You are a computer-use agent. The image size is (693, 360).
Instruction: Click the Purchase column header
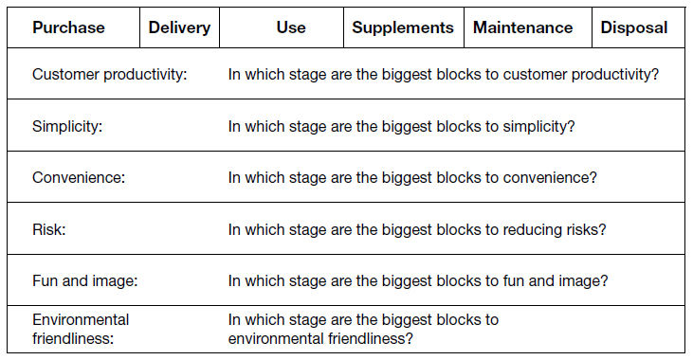coord(68,27)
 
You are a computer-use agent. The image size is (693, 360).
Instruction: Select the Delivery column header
coord(179,27)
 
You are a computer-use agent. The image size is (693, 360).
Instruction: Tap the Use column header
coord(291,27)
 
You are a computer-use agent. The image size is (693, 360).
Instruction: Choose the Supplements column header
coord(403,27)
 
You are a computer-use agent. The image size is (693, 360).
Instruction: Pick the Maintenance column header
coord(523,27)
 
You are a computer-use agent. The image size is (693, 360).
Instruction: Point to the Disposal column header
coord(634,27)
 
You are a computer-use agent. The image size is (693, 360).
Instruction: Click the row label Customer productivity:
coord(110,74)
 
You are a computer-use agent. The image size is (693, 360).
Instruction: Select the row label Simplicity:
coord(67,126)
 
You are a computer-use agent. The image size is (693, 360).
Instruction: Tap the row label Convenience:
coord(79,177)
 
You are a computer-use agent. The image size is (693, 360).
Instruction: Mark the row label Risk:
coord(48,229)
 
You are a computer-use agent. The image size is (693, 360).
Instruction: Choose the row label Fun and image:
coord(85,281)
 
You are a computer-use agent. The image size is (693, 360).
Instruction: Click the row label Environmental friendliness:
coord(81,329)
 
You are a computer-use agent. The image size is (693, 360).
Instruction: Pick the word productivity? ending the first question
coord(614,74)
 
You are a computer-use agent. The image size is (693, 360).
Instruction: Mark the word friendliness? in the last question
coord(371,339)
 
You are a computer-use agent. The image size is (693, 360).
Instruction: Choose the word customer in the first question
coord(535,74)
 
